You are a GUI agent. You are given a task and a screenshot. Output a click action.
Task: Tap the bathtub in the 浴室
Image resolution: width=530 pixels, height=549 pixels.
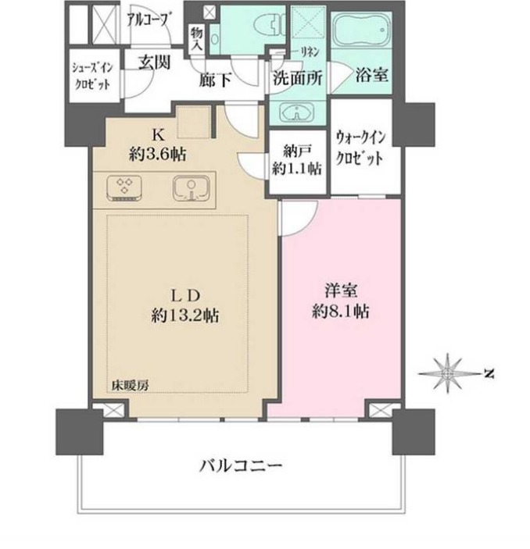tap(361, 30)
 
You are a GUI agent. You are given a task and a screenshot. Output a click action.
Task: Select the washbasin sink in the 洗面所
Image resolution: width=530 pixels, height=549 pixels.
tap(297, 112)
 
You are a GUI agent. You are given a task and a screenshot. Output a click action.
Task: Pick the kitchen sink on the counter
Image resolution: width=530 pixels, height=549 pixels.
tap(191, 188)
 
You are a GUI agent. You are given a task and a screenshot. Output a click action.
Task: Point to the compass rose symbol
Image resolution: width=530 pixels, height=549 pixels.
tap(448, 373)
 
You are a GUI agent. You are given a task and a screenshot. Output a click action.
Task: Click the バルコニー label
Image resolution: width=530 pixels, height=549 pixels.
tap(241, 466)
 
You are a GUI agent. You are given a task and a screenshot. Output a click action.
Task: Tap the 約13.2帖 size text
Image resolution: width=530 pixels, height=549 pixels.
tap(185, 315)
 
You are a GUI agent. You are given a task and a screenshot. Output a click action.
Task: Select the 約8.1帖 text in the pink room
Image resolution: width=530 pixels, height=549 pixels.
tap(340, 311)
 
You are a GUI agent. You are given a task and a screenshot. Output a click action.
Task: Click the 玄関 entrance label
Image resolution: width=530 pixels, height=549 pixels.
tap(154, 62)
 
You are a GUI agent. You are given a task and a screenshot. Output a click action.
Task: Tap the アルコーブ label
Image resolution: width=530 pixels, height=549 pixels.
tap(147, 20)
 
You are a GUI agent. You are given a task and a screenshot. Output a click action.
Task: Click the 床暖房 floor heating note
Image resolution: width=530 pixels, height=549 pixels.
tap(131, 386)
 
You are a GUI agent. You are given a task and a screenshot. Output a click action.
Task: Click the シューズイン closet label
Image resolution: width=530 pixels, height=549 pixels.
tap(92, 68)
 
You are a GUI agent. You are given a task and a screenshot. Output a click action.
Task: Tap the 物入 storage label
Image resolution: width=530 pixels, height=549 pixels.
tap(197, 38)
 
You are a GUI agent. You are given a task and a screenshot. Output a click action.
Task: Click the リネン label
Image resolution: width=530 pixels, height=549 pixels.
tap(310, 52)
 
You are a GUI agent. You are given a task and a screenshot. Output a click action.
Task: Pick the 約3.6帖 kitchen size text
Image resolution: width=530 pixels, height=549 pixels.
tap(158, 153)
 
